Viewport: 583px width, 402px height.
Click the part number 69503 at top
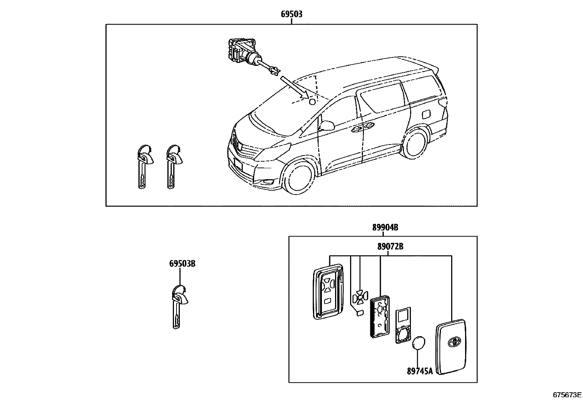tap(291, 14)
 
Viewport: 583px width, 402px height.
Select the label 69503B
tap(182, 263)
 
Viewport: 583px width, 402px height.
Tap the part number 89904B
tap(385, 228)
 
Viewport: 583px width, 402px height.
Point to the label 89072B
tap(390, 247)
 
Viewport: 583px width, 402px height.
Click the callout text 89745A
tap(420, 371)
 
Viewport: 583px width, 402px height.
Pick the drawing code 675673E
tap(567, 395)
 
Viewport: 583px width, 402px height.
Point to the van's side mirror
tap(327, 126)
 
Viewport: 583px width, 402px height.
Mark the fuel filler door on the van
tap(427, 114)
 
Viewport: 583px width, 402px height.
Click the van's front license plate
tap(237, 165)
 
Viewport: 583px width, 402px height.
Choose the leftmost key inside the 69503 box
tap(143, 167)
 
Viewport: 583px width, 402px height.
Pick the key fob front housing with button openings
tap(327, 293)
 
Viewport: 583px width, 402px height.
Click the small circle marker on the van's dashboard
tap(312, 101)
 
